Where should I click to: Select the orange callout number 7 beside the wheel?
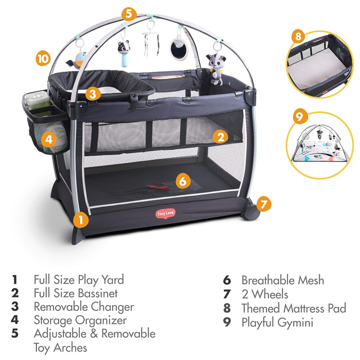pos(264,204)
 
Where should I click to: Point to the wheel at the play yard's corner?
pos(251,211)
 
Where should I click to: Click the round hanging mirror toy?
pos(179,49)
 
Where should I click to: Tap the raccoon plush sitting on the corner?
pos(215,69)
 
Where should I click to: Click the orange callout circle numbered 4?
pos(49,139)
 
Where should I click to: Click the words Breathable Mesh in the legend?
pos(283,280)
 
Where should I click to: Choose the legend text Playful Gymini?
pos(277,322)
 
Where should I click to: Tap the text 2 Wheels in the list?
pos(265,294)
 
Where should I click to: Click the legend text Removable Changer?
pos(84,307)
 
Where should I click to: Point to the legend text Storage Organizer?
pos(80,320)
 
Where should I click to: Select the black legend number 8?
pos(227,308)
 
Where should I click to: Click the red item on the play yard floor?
pos(158,188)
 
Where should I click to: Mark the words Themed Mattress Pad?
pos(294,308)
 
